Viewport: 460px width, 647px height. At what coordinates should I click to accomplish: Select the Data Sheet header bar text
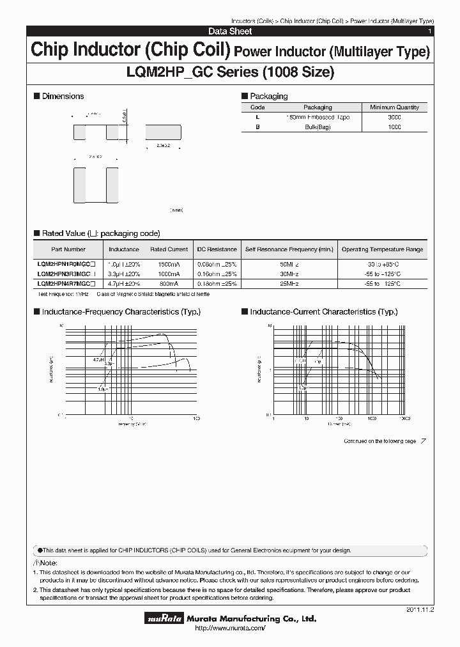click(230, 31)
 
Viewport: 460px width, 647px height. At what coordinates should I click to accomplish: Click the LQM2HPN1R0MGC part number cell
click(67, 263)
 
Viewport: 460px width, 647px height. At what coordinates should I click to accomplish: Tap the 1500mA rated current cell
click(169, 263)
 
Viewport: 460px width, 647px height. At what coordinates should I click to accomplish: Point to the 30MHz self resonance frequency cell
click(289, 274)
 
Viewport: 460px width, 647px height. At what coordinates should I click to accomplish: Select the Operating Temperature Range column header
click(382, 249)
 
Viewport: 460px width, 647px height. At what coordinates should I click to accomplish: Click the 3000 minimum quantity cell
click(394, 118)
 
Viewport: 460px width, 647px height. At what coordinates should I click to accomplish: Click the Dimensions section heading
click(63, 96)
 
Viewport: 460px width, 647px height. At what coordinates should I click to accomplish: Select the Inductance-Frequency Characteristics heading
click(121, 312)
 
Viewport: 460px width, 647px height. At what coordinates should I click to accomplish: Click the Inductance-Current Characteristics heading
click(323, 312)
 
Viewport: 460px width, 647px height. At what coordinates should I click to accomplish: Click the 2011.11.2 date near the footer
click(419, 611)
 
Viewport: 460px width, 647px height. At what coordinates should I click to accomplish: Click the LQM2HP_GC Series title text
click(230, 73)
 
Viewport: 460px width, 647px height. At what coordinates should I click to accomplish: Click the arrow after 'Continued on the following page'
click(423, 441)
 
